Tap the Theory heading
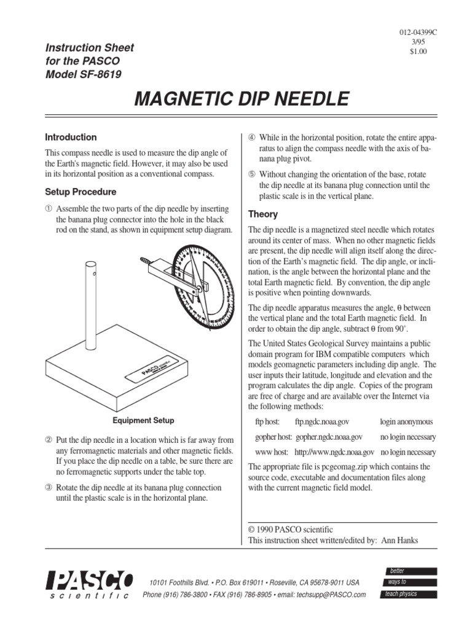tap(262, 214)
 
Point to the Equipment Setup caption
tap(143, 421)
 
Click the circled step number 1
tap(50, 207)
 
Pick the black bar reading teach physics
tap(411, 594)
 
